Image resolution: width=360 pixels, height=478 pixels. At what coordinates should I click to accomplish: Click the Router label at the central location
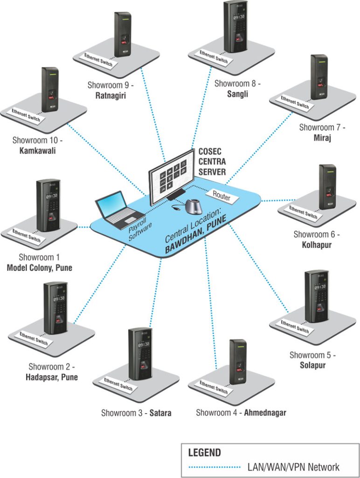click(x=222, y=196)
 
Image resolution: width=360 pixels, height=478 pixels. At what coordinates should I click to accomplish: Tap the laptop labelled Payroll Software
click(x=115, y=209)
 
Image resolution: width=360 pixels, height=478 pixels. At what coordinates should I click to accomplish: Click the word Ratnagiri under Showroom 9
click(x=108, y=96)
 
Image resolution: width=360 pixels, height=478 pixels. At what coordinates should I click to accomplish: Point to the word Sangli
click(x=238, y=94)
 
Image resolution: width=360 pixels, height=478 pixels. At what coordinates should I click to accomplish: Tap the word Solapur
click(x=312, y=365)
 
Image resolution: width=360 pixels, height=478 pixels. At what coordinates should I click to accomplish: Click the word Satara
click(x=160, y=413)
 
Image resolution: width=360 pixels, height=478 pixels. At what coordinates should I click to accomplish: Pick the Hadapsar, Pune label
click(x=51, y=377)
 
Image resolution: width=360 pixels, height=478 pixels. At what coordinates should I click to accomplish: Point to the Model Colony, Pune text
click(x=39, y=268)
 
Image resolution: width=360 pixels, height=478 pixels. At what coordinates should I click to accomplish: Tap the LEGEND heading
click(x=204, y=453)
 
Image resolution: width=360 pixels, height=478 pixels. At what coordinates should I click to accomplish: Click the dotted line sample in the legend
click(x=214, y=467)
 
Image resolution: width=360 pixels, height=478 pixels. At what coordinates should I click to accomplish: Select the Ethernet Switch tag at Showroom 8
click(x=214, y=57)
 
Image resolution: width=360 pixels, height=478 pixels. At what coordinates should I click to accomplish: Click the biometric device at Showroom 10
click(x=50, y=89)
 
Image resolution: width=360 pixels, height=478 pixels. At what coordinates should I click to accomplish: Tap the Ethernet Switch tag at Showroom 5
click(x=295, y=327)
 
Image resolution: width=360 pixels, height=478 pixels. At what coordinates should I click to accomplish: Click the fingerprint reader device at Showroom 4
click(x=238, y=361)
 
